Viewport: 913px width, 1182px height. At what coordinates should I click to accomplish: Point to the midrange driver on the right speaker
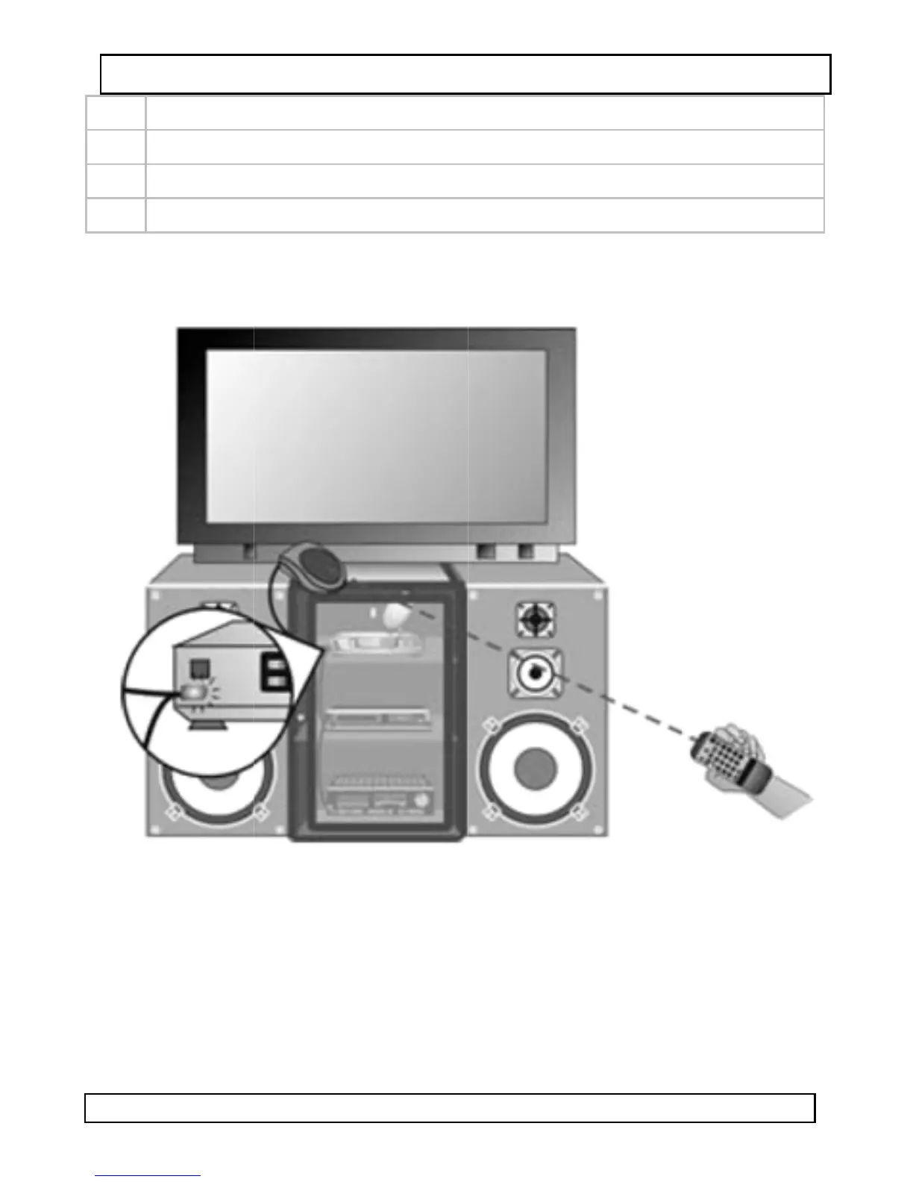click(x=535, y=673)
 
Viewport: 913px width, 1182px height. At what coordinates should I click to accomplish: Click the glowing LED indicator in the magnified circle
click(x=192, y=692)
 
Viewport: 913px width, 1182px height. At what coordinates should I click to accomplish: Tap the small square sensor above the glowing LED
click(x=198, y=666)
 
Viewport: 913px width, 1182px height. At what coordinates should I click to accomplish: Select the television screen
click(x=376, y=436)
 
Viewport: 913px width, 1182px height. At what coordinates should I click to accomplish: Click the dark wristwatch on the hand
click(x=762, y=779)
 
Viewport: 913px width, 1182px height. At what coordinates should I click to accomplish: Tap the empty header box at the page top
click(x=465, y=74)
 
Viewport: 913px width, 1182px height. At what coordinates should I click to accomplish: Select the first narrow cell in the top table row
click(x=116, y=113)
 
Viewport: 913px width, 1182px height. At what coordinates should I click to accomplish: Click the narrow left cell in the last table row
click(x=116, y=216)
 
